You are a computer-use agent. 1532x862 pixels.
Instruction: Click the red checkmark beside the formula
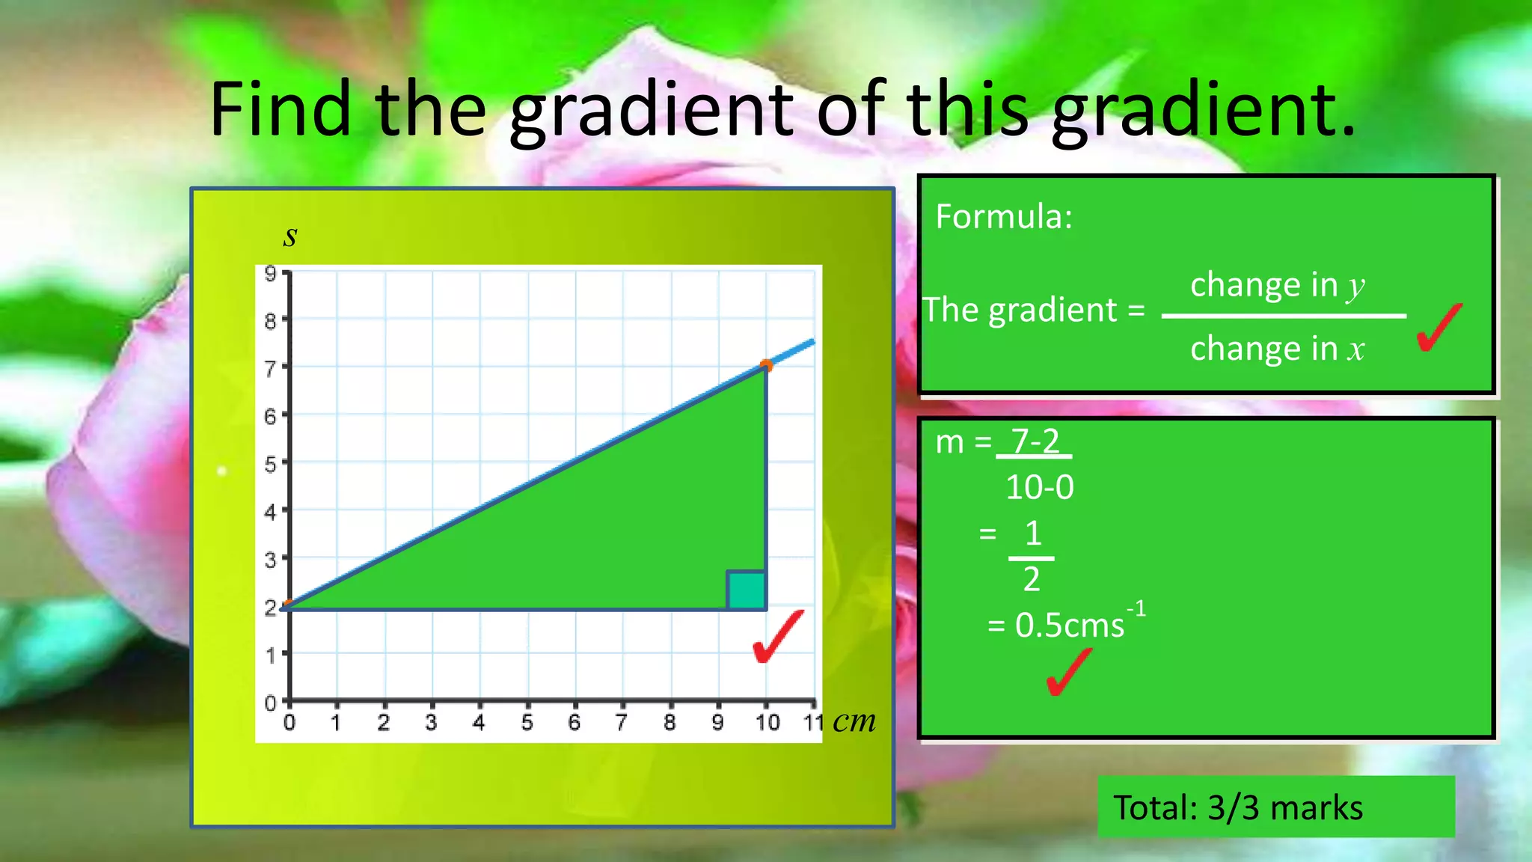coord(1438,328)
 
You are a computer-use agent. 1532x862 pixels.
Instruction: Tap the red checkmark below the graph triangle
coord(777,637)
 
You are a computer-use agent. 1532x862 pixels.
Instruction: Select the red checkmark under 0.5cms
coord(1067,671)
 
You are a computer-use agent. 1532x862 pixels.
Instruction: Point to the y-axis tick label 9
coord(270,274)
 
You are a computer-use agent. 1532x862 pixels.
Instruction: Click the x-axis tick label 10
coord(767,723)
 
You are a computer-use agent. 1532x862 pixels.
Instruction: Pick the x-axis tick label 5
coord(527,723)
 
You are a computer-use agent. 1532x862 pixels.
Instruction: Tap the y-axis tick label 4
coord(270,513)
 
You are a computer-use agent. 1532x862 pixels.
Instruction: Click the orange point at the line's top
coord(766,366)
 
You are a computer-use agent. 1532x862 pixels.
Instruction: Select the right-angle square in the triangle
coord(746,590)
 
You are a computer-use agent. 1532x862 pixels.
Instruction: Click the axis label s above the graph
coord(290,236)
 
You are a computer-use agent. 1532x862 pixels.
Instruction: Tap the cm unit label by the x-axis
coord(854,721)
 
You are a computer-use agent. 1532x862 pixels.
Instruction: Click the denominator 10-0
coord(1039,488)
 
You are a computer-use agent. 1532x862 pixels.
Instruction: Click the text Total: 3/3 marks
coord(1238,808)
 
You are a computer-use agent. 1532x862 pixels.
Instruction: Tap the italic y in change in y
coord(1355,287)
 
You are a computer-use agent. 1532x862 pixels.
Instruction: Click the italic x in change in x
coord(1355,349)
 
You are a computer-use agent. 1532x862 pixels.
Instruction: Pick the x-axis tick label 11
coord(813,723)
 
